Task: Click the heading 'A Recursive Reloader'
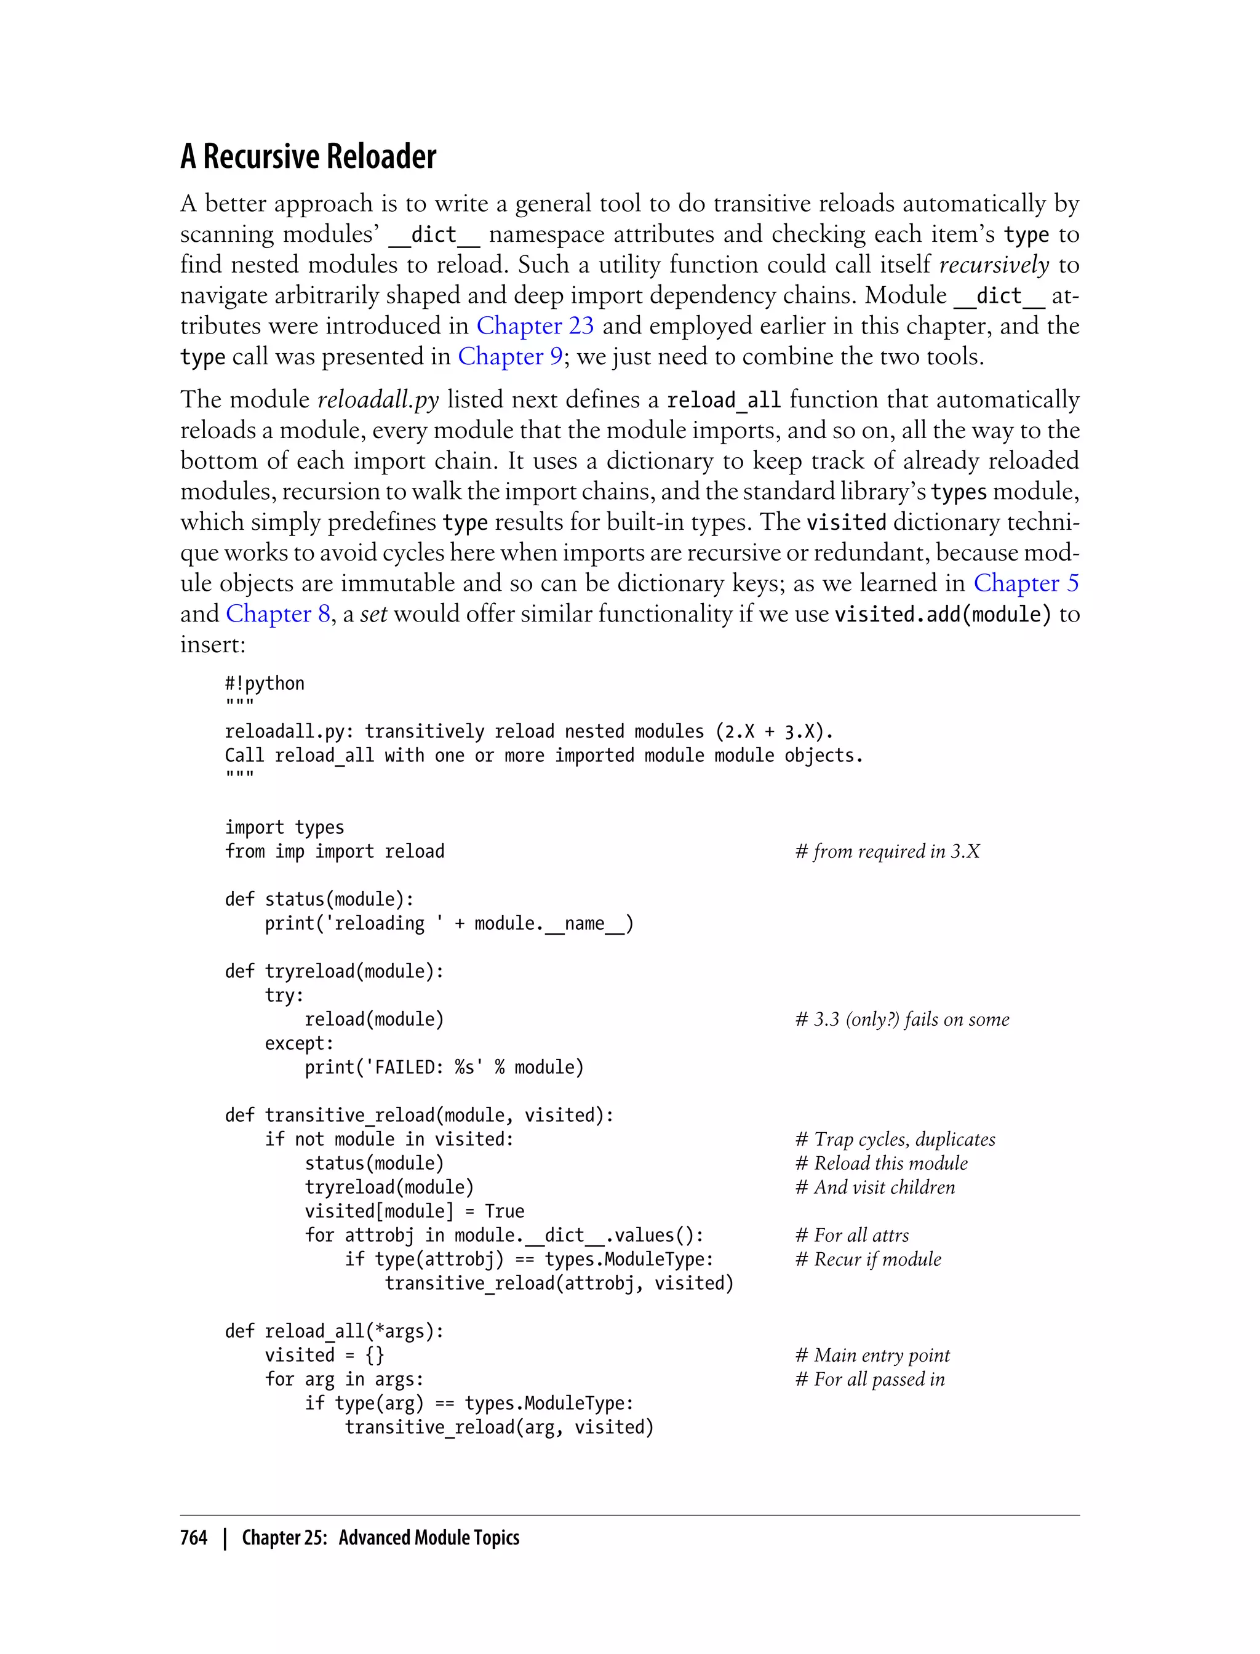pyautogui.click(x=308, y=157)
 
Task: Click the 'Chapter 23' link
pyautogui.click(x=535, y=326)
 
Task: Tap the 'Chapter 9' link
pyautogui.click(x=510, y=356)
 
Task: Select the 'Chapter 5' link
pyautogui.click(x=1026, y=583)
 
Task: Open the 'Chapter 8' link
pyautogui.click(x=277, y=613)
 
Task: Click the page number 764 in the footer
pyautogui.click(x=194, y=1538)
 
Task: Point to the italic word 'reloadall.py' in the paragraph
pyautogui.click(x=378, y=400)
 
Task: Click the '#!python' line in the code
pyautogui.click(x=265, y=684)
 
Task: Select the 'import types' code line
pyautogui.click(x=284, y=828)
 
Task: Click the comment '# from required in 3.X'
pyautogui.click(x=887, y=852)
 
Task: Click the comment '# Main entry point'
pyautogui.click(x=872, y=1356)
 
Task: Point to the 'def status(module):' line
pyautogui.click(x=319, y=900)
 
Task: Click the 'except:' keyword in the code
pyautogui.click(x=299, y=1044)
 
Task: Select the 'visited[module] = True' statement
pyautogui.click(x=414, y=1212)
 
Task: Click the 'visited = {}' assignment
pyautogui.click(x=325, y=1356)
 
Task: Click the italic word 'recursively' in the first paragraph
pyautogui.click(x=994, y=265)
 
